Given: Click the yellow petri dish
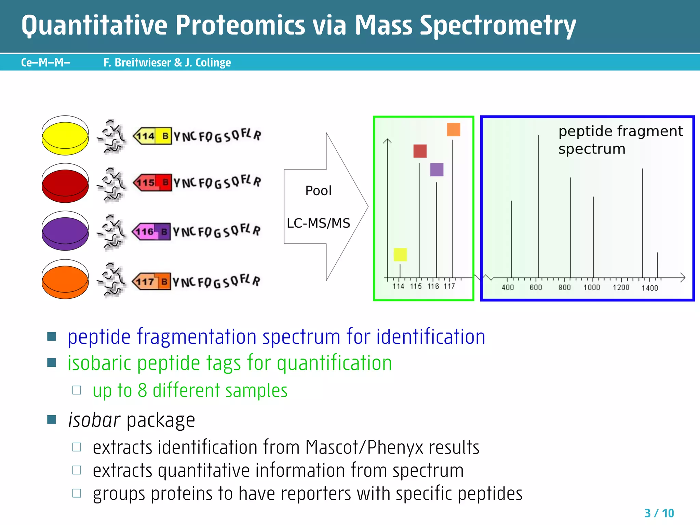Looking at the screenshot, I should [65, 136].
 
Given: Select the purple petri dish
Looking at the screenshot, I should [65, 231].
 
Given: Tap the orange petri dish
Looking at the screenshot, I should [65, 280].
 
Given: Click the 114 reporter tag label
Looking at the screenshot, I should [146, 136].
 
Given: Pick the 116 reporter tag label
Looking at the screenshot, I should [145, 232].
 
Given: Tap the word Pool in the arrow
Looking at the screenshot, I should [318, 191].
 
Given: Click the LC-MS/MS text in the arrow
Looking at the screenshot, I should [318, 223].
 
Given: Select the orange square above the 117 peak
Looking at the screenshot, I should [453, 130].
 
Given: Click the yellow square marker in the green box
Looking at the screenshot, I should [400, 255].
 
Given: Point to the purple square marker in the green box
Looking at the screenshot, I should [436, 170].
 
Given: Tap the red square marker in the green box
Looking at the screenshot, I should [420, 151].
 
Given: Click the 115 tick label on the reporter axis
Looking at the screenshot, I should [416, 286].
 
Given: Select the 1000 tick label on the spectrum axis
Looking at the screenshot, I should [592, 288].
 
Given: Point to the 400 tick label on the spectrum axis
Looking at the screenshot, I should [508, 288].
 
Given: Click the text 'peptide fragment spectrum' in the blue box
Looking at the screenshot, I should [620, 140].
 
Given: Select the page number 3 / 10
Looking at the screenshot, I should [659, 513].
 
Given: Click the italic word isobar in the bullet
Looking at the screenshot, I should [94, 420].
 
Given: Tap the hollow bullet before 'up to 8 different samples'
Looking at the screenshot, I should [77, 390].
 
